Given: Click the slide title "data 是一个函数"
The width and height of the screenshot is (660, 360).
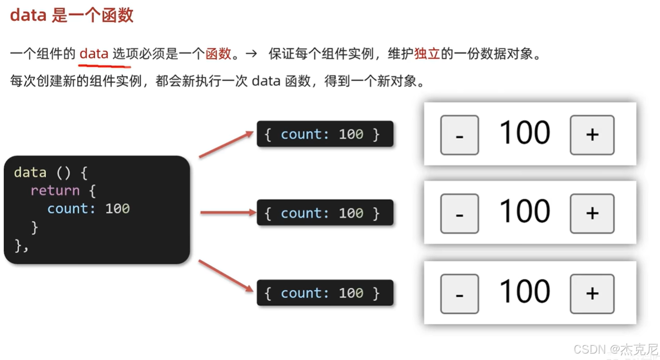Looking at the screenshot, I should [x=72, y=15].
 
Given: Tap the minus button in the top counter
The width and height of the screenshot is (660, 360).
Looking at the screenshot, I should [x=459, y=135].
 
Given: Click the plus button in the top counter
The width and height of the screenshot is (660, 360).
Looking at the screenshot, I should [x=592, y=135].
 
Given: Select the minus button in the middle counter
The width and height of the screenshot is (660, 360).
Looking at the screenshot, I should [x=459, y=213].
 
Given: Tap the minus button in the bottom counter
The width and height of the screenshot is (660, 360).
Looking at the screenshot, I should [x=459, y=294].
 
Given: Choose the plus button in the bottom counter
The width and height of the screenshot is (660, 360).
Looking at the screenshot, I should [x=592, y=294].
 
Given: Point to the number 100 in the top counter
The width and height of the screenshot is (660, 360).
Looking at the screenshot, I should [x=524, y=133].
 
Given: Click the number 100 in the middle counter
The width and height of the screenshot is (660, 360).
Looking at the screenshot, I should [x=524, y=212].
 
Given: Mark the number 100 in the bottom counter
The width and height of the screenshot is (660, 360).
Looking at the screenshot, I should [x=524, y=292].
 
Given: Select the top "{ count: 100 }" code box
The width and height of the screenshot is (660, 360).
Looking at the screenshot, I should [x=325, y=134].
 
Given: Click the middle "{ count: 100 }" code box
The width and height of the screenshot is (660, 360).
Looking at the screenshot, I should [x=325, y=213].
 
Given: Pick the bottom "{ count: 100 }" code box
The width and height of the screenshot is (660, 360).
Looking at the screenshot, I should [x=325, y=293].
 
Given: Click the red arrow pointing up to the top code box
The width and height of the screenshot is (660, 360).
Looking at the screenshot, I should [x=226, y=145].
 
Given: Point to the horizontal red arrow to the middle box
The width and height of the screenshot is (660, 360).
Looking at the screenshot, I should [x=228, y=213].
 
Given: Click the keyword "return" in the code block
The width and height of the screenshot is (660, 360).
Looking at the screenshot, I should [x=55, y=190].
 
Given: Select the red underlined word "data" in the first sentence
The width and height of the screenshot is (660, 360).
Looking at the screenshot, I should [x=93, y=54].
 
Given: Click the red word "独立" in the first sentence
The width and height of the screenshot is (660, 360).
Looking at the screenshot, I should [x=427, y=54].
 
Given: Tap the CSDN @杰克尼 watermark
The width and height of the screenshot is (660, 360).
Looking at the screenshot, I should [x=616, y=350].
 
